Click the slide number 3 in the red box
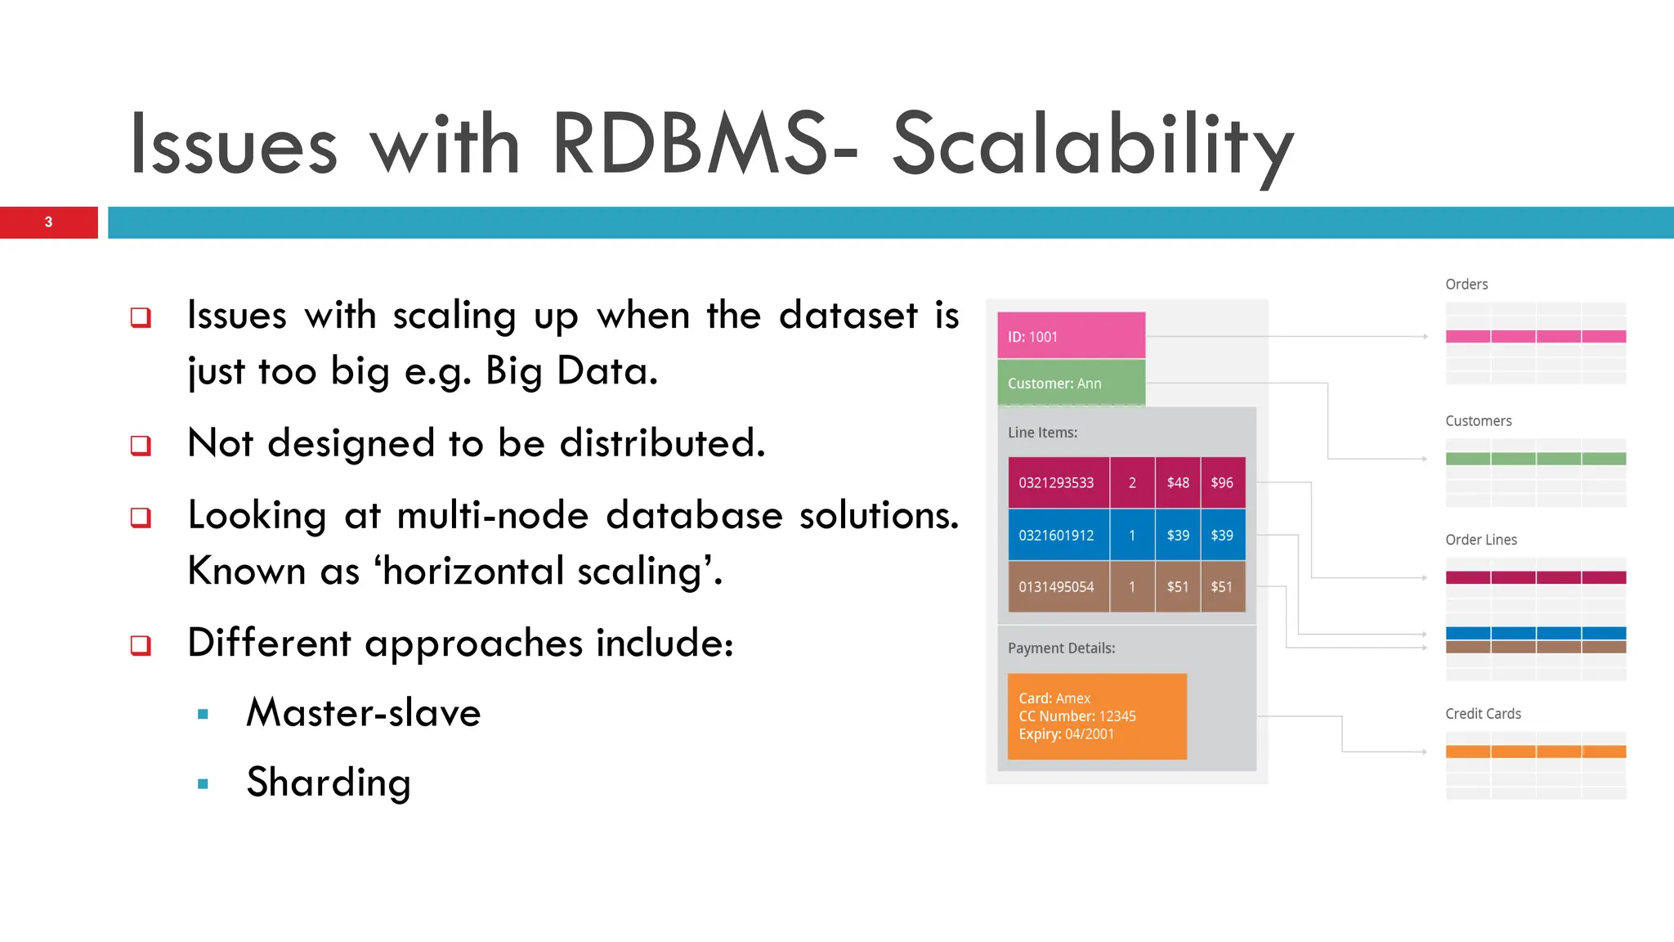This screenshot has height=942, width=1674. pyautogui.click(x=48, y=222)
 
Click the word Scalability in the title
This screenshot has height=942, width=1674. pyautogui.click(x=1092, y=146)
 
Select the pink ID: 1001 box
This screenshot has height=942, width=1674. pyautogui.click(x=1070, y=336)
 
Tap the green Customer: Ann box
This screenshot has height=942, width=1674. pyautogui.click(x=1070, y=384)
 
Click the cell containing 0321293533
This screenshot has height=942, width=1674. pyautogui.click(x=1057, y=483)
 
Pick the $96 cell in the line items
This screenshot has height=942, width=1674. pyautogui.click(x=1222, y=483)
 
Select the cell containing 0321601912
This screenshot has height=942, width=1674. pyautogui.click(x=1057, y=536)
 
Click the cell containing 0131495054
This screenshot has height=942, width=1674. pyautogui.click(x=1057, y=587)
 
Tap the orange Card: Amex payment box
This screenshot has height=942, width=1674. pyautogui.click(x=1096, y=716)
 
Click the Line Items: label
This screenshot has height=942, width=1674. pyautogui.click(x=1042, y=433)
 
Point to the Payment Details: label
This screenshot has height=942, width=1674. pyautogui.click(x=1061, y=648)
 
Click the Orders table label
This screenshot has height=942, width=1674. pyautogui.click(x=1466, y=285)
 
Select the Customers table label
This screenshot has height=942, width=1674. pyautogui.click(x=1478, y=421)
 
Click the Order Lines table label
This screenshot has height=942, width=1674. pyautogui.click(x=1480, y=540)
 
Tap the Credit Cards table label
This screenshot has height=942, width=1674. pyautogui.click(x=1483, y=714)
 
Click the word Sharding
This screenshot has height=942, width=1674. pyautogui.click(x=329, y=783)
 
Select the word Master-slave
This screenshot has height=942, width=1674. pyautogui.click(x=363, y=712)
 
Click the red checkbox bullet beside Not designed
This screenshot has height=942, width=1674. pyautogui.click(x=141, y=446)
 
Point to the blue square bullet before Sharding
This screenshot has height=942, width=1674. pyautogui.click(x=203, y=784)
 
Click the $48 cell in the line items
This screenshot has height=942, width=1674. pyautogui.click(x=1178, y=483)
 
